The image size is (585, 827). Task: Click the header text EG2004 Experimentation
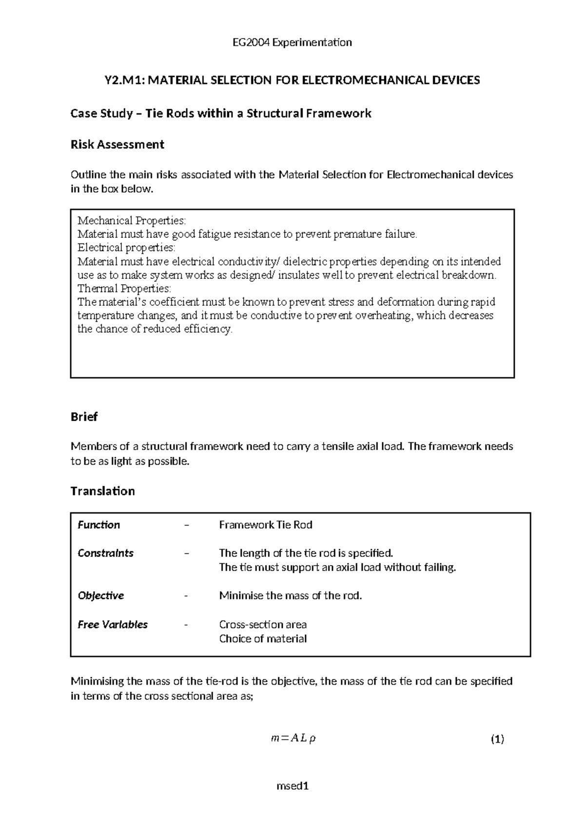coord(292,42)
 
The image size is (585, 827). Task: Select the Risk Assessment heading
coord(117,144)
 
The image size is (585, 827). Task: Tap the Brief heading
coord(84,417)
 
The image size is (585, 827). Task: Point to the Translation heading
coord(102,491)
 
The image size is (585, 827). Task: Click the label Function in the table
coord(99,525)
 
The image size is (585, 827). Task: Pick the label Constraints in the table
coord(105,553)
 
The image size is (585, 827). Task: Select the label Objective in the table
coord(101,596)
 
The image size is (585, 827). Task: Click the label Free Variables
coord(113,625)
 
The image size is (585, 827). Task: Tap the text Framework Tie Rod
coord(266,525)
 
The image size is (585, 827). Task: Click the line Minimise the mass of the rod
coord(291,596)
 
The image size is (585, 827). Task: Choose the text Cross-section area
coord(263,625)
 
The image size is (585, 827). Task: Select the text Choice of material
coord(263,639)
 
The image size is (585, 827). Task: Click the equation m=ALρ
coord(292,739)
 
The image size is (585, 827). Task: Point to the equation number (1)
coord(497,739)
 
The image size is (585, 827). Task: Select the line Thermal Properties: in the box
coord(124,288)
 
